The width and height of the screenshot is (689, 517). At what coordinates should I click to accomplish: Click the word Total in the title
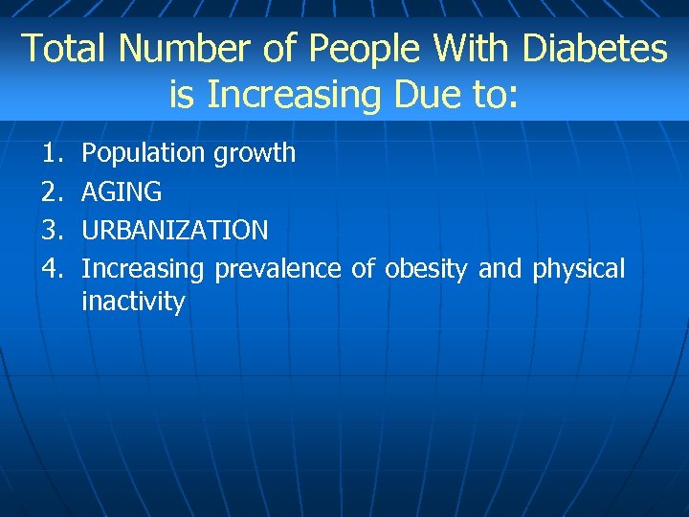[60, 48]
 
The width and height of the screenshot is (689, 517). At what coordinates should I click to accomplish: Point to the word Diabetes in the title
[592, 48]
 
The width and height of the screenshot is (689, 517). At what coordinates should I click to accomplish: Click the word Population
[144, 153]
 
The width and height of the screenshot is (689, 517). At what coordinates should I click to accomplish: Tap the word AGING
[122, 191]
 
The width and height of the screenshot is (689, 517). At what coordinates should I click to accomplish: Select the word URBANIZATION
[175, 231]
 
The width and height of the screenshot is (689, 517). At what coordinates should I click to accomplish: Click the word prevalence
[278, 269]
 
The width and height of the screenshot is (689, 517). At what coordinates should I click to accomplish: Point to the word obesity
[425, 269]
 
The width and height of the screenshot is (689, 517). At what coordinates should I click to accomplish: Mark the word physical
[578, 269]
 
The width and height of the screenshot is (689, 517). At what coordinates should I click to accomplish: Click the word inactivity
[133, 303]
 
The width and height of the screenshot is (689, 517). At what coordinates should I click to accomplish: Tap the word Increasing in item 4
[143, 269]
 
